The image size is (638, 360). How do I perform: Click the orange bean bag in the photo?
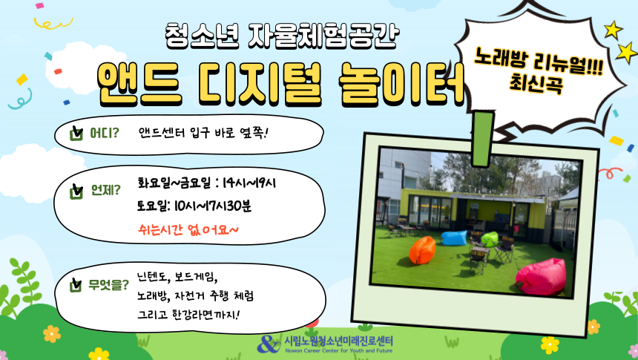coord(422,249)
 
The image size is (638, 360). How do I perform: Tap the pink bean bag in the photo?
coord(541,277)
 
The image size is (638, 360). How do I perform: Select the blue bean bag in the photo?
coord(454,238)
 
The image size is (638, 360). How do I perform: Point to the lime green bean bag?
coord(490,239)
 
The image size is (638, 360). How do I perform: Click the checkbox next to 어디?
coord(76,133)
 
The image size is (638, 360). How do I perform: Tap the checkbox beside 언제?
coord(76,191)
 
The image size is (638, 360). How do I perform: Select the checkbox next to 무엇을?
coord(76,285)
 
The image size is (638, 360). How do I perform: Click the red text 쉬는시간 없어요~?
coord(188,230)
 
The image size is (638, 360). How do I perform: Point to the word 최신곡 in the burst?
coord(536,84)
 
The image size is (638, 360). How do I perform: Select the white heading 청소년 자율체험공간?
coord(282,36)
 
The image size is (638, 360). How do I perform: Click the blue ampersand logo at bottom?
coord(269,344)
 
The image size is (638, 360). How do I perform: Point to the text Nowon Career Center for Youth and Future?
coord(339,350)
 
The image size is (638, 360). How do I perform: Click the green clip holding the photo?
coord(484,139)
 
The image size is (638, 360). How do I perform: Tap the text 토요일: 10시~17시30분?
coord(194,206)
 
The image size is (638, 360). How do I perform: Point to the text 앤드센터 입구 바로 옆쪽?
coord(203,133)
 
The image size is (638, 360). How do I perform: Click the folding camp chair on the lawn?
coord(504,250)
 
